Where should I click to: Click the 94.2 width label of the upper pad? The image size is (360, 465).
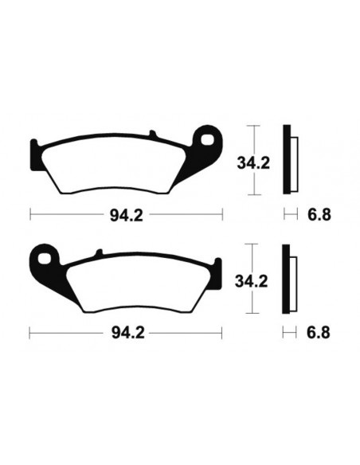[x=126, y=213]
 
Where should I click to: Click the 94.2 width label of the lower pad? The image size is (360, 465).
[x=126, y=330]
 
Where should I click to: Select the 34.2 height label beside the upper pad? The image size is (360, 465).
[x=253, y=165]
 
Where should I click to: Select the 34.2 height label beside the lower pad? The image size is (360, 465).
[x=253, y=280]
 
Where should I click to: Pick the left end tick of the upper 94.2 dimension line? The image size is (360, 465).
[x=30, y=213]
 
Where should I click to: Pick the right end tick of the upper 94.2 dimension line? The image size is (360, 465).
[x=222, y=213]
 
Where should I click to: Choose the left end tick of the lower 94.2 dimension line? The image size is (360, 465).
[x=30, y=330]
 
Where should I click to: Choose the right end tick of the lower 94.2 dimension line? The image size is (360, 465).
[x=222, y=330]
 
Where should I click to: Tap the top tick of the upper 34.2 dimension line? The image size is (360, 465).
[x=253, y=127]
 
